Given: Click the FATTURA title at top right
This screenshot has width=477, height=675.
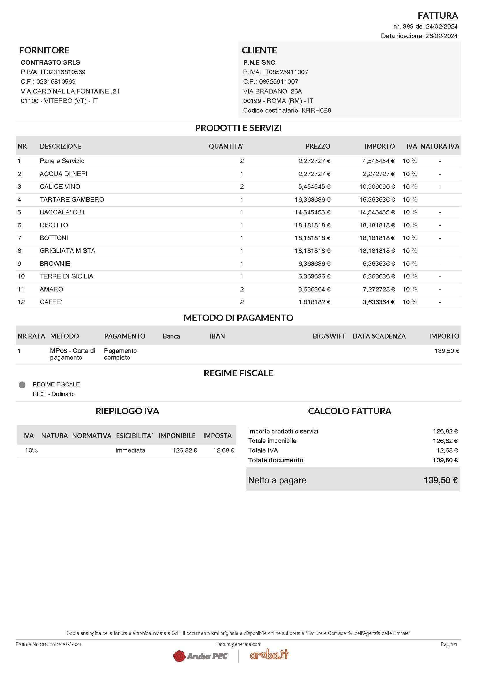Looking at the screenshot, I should [438, 16].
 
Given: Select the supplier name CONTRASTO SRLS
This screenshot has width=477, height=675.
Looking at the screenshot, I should [50, 62].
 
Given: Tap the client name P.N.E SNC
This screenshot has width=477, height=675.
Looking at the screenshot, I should [259, 62].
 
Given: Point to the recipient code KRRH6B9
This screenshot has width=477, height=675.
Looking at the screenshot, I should [316, 111].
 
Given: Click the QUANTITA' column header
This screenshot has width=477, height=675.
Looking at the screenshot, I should [226, 146].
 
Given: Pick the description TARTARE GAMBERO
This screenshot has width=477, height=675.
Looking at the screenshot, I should [72, 200].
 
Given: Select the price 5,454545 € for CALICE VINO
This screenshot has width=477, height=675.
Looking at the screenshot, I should [314, 187].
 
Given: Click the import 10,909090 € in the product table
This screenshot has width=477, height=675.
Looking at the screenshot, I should [377, 187].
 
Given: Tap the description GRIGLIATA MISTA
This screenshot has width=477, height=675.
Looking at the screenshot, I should [67, 251].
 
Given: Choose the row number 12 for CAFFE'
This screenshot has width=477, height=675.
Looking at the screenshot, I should [21, 302].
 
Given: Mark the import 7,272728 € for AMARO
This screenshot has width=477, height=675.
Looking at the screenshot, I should [378, 289].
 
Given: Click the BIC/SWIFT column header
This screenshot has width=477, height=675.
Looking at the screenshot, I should [329, 336].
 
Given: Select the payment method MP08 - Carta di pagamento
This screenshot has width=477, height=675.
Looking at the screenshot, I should [72, 354].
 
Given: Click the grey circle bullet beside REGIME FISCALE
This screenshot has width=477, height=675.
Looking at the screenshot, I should [22, 385].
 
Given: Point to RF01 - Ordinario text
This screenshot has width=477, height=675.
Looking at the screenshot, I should [53, 394].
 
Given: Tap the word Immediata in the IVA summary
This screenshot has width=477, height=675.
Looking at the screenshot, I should [130, 450].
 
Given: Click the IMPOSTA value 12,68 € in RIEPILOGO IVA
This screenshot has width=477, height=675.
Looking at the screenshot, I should [223, 450].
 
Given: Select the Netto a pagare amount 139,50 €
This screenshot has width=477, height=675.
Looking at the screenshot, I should [440, 480].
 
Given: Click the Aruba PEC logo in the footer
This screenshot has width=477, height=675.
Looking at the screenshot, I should [200, 656].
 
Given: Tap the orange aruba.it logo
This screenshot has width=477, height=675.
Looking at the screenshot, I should [269, 655].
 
